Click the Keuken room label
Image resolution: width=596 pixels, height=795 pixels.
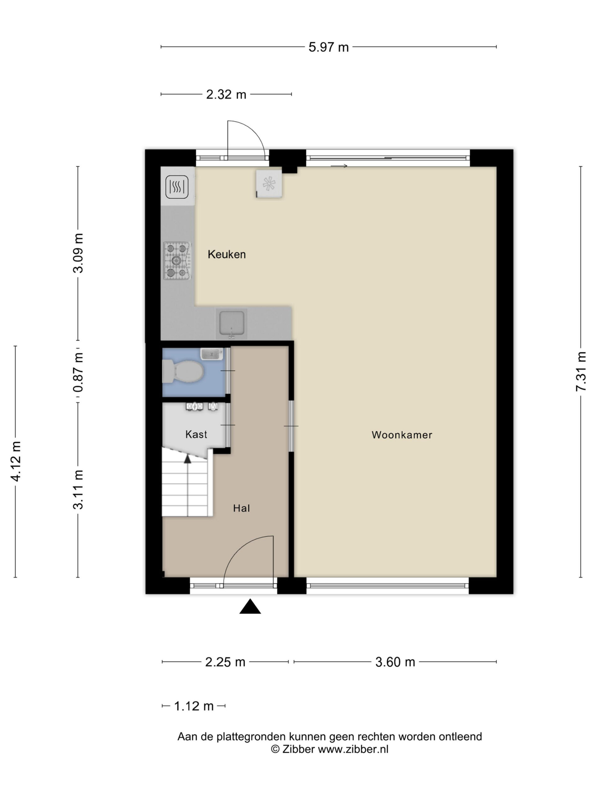pos(226,254)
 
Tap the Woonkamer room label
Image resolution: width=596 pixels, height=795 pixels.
pos(402,435)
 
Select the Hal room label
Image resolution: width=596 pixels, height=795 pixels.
pos(241,508)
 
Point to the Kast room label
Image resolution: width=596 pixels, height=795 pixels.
pos(196,434)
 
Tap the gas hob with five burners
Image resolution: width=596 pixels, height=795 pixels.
pos(178,261)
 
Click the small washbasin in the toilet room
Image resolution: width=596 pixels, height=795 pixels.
pos(212,354)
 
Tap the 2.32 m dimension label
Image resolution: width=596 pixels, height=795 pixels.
pos(226,94)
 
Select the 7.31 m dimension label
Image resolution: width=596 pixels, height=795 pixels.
pos(580,371)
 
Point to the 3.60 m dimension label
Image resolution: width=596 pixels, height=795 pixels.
pos(395,662)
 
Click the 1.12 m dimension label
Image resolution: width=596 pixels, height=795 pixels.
pos(194,706)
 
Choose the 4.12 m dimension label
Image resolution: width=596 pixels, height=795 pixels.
pos(16,461)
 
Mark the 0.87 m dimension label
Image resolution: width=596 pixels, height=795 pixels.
pos(78,372)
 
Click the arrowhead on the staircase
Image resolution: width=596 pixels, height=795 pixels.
pos(187,459)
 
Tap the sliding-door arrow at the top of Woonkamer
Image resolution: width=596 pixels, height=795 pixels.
pos(339,166)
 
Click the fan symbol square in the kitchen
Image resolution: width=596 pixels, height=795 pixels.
pos(269,184)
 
